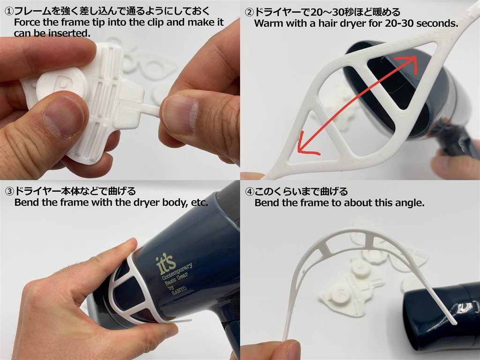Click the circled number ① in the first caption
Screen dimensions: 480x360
click(9, 11)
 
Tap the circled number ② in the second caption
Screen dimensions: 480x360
click(250, 12)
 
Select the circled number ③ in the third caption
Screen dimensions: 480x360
click(9, 191)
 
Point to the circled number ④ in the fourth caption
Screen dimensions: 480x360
click(250, 192)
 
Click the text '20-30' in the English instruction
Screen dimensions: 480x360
click(398, 23)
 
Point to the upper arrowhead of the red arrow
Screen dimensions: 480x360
click(412, 62)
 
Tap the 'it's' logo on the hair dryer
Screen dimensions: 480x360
click(165, 263)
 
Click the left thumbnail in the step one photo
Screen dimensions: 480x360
click(63, 115)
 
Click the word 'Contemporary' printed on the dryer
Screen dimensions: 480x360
click(177, 271)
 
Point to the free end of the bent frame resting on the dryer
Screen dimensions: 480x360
click(453, 321)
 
